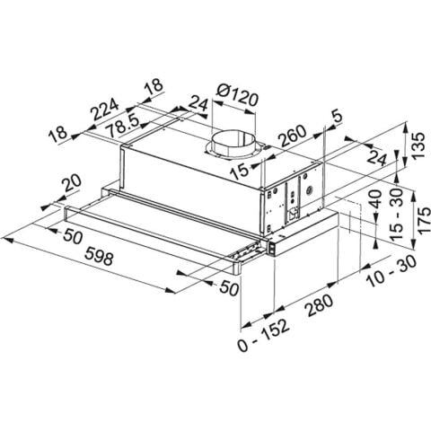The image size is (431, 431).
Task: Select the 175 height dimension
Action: [x=414, y=219]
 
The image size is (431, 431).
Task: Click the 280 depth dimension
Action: [x=316, y=304]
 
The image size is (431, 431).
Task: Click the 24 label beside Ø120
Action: [x=198, y=104]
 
